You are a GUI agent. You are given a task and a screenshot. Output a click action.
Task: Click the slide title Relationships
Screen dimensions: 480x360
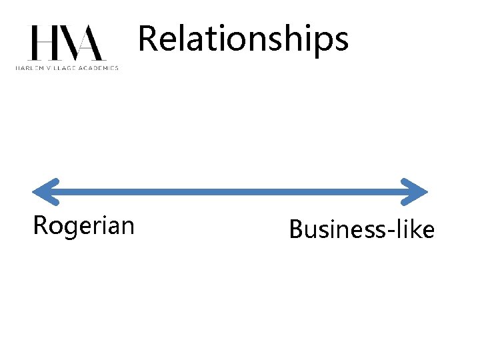(243, 39)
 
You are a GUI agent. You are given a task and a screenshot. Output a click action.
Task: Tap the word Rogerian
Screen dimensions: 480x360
(83, 226)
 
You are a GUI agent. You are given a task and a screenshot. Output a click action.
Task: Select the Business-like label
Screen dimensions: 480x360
(361, 230)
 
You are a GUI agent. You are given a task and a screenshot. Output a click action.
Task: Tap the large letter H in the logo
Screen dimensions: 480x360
(41, 43)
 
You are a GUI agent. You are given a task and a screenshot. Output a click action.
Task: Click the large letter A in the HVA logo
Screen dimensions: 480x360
(91, 43)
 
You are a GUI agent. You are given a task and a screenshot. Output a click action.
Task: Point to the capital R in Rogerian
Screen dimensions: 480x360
(40, 225)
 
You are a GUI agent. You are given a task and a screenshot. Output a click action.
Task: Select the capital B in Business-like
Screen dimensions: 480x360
(295, 230)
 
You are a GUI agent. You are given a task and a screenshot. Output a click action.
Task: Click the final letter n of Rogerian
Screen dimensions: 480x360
(127, 227)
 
